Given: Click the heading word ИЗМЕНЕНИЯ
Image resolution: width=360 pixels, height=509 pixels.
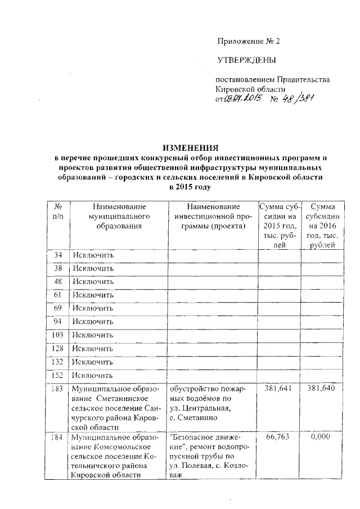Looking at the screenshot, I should tap(190, 147).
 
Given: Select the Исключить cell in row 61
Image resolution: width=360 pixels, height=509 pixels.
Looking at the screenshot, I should tap(93, 295).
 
